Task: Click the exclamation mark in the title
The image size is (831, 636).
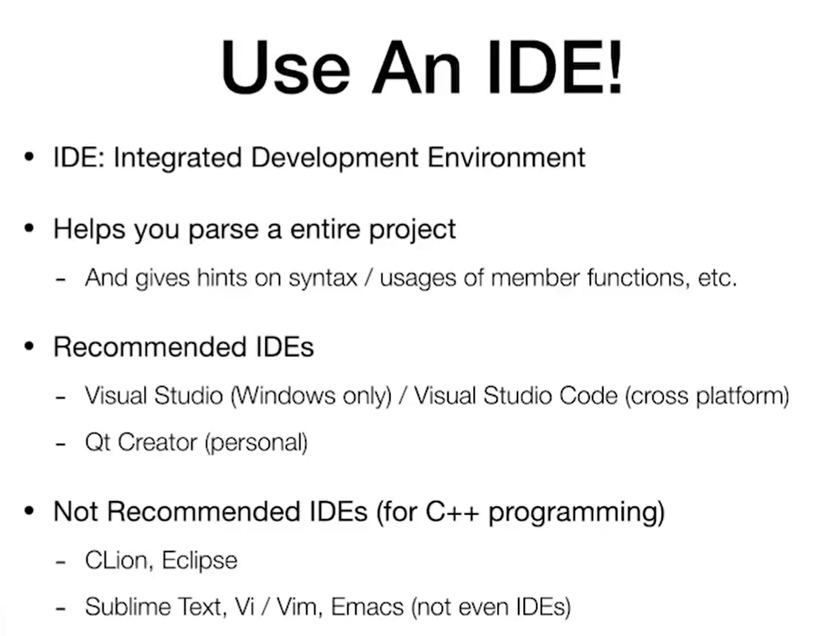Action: pos(615,66)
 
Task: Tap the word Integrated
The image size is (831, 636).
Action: pos(178,157)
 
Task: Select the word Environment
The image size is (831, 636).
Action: pos(506,157)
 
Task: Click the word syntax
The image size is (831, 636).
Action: pos(323,278)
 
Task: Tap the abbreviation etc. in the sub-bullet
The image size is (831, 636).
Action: pos(718,278)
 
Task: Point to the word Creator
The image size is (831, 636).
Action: pos(157,442)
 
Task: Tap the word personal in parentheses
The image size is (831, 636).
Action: pos(256,443)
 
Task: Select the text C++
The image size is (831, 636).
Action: pos(452,511)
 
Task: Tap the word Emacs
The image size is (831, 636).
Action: pos(367,607)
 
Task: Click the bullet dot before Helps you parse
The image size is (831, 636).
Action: pos(29,228)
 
